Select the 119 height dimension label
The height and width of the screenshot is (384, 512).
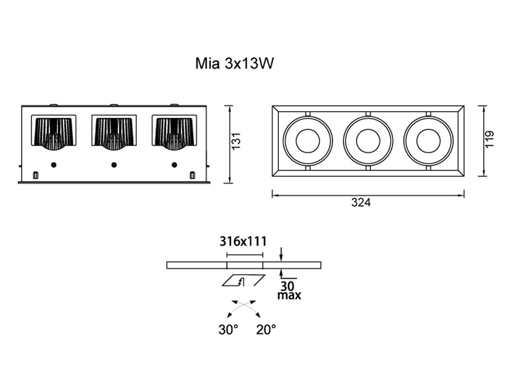click(489, 139)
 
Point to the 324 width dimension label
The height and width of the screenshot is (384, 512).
click(361, 203)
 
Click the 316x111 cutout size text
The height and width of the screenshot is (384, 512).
click(243, 241)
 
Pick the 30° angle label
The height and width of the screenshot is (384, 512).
click(228, 330)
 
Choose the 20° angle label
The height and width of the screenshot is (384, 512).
click(266, 330)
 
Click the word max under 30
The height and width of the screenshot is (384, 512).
click(289, 295)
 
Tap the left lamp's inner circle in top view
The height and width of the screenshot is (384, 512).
click(307, 141)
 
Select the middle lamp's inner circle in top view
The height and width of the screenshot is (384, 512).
click(368, 141)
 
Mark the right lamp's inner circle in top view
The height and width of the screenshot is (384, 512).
click(428, 141)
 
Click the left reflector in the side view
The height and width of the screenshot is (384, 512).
click(53, 132)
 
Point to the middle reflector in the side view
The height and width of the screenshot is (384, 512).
click(114, 132)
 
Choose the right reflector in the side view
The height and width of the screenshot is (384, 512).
click(174, 132)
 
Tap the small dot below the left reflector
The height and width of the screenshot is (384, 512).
click(53, 164)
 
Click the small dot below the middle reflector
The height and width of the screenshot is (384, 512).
click(114, 164)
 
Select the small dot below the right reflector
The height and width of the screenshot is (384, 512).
click(174, 164)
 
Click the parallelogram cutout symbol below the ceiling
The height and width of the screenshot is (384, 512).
click(243, 281)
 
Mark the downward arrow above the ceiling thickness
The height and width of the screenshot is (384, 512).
click(282, 254)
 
